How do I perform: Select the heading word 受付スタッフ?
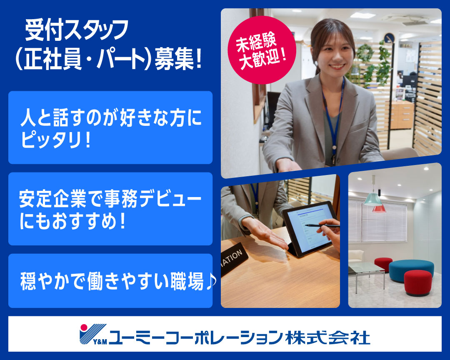(x=77, y=31)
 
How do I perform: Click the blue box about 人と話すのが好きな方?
(x=110, y=127)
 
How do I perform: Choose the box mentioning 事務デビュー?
(x=110, y=209)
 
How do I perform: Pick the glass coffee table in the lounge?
(x=366, y=269)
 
